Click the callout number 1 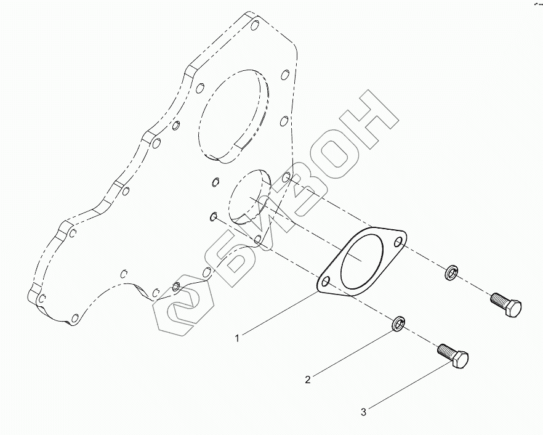click(x=238, y=338)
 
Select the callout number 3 click(x=363, y=412)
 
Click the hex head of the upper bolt click(x=512, y=307)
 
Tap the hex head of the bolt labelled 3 click(x=460, y=360)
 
